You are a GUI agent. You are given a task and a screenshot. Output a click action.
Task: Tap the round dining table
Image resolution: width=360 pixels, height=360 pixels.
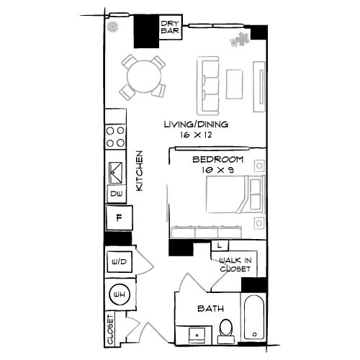coord(141,73)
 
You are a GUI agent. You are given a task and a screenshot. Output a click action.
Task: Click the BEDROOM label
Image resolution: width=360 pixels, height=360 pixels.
coord(217,159)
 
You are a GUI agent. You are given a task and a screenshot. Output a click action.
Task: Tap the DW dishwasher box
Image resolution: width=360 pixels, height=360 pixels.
coord(115,194)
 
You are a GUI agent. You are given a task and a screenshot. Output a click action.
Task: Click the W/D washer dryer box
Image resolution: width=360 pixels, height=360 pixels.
coord(118,261)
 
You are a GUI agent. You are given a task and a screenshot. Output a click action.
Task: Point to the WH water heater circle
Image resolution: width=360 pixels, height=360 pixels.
coord(119,294)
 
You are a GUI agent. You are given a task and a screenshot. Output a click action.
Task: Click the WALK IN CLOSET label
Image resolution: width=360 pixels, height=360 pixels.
coord(235,264)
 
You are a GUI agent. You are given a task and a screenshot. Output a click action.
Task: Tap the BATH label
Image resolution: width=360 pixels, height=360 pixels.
coord(209,309)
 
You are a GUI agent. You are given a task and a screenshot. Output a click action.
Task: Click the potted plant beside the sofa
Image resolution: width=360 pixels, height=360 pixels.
coord(237,41)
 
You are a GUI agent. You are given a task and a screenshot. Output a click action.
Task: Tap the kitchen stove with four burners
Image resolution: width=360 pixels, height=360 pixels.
coord(115,138)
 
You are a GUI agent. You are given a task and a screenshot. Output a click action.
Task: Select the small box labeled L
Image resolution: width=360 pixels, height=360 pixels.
coord(218,246)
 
